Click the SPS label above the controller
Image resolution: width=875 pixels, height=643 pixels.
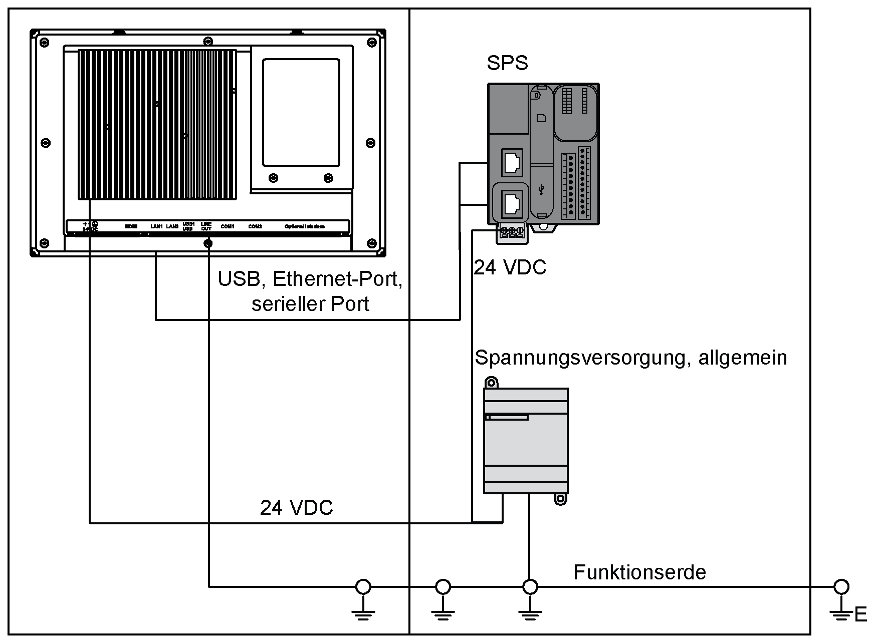[507, 64]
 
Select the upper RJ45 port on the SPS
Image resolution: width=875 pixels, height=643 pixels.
[512, 162]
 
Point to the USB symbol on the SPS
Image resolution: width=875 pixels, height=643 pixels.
[541, 190]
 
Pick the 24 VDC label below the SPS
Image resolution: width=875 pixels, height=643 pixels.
[510, 268]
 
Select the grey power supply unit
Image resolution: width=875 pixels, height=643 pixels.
[525, 441]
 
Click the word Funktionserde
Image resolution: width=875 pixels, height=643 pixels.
[639, 572]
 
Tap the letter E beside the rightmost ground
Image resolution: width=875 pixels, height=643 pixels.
[861, 614]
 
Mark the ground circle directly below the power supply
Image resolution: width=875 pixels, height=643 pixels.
[530, 586]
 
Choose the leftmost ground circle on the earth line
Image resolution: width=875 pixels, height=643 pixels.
[363, 586]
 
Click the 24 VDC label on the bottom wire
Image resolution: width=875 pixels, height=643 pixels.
[296, 508]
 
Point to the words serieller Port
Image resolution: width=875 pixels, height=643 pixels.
[310, 304]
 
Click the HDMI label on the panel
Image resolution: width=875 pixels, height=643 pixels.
[131, 227]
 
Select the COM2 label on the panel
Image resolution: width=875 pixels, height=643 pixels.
[255, 227]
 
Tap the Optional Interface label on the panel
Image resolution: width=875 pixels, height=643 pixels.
[305, 227]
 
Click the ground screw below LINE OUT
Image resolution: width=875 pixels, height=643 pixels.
[207, 243]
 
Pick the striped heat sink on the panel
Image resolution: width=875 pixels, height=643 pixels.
[157, 124]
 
